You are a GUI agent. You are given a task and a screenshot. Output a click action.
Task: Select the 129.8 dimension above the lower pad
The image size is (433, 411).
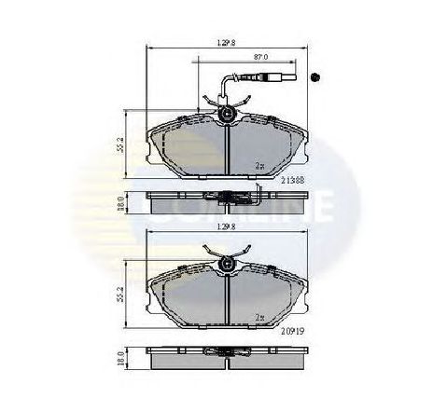click(224, 226)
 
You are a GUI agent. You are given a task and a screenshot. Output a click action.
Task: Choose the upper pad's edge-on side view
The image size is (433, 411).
click(225, 199)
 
